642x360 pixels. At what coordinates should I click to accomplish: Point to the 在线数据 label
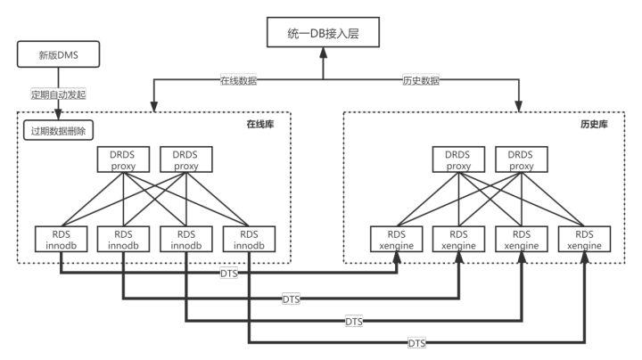coord(238,80)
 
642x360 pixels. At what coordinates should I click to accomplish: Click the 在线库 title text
coord(259,124)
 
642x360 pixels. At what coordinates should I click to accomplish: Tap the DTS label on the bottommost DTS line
coord(416,342)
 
